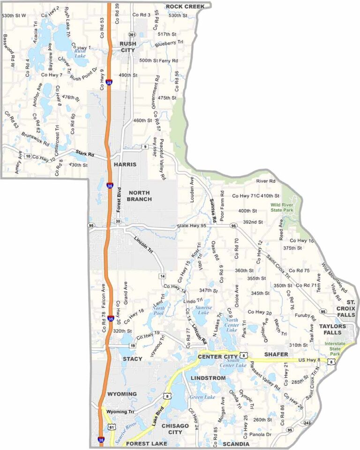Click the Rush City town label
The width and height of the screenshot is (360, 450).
click(127, 47)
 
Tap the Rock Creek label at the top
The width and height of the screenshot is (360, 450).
click(185, 6)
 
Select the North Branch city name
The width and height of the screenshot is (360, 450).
click(140, 196)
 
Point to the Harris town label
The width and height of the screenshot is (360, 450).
click(125, 165)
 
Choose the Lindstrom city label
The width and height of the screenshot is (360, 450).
click(208, 378)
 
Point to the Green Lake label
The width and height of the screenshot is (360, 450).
click(202, 397)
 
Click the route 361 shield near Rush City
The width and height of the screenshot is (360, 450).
click(132, 35)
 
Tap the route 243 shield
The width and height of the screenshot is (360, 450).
click(307, 423)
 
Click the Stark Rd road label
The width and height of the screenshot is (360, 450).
click(85, 154)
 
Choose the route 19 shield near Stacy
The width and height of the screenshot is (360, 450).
click(133, 345)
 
